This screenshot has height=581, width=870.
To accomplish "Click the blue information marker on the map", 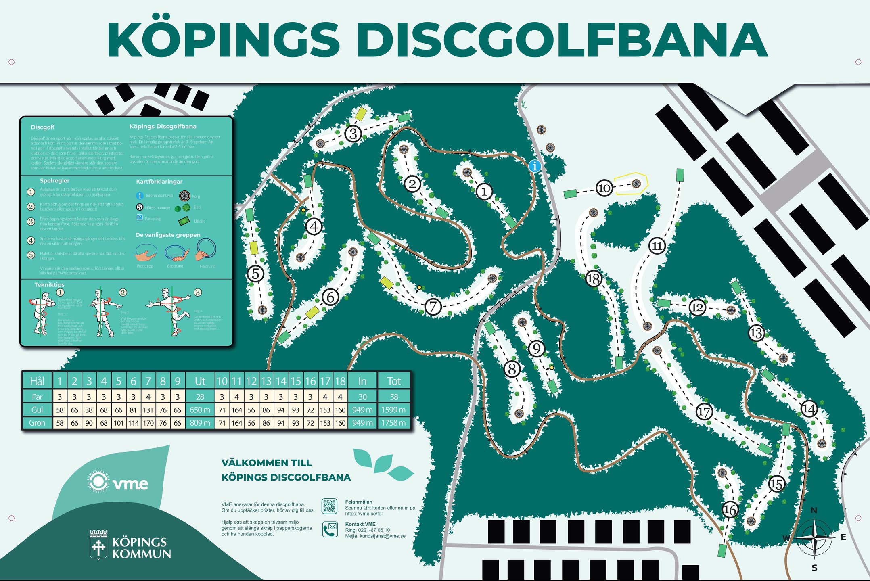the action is tap(535, 165).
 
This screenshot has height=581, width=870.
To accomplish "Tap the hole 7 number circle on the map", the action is tap(433, 307).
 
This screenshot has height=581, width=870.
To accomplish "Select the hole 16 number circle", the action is tap(730, 510).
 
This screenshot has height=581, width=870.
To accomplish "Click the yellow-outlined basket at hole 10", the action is tap(636, 184).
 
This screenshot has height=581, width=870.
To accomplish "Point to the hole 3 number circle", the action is tap(353, 133).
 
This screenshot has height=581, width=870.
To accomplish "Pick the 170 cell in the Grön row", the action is tap(148, 423).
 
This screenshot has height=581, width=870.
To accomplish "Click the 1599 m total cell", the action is tap(393, 410).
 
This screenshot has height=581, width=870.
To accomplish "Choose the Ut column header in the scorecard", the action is tap(200, 381).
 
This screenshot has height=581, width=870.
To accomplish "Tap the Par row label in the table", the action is tap(37, 397).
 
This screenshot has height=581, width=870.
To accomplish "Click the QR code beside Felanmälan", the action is tap(329, 506).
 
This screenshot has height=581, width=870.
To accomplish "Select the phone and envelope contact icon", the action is tap(330, 529).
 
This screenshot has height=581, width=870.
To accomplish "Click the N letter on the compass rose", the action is tap(814, 510).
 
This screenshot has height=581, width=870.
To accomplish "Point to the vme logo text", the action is tap(130, 483).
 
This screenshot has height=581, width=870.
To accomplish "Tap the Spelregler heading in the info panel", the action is tap(54, 180).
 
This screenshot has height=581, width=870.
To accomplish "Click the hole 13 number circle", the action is tap(756, 333).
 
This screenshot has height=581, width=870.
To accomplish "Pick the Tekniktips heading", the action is tap(49, 285).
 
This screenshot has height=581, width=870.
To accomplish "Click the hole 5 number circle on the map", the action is tap(255, 274).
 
